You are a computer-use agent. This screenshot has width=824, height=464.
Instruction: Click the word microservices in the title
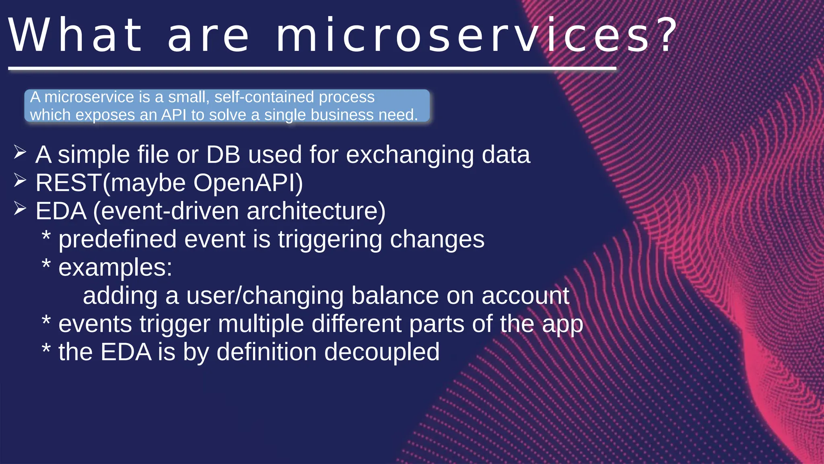463,36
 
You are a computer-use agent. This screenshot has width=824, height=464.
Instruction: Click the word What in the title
75,36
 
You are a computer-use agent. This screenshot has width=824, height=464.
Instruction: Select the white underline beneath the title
312,69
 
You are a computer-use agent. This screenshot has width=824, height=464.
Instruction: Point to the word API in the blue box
174,115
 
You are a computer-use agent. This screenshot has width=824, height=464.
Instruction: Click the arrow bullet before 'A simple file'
20,152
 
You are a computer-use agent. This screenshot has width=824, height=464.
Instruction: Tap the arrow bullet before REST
20,180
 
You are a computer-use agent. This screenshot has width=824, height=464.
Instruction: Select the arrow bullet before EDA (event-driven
20,209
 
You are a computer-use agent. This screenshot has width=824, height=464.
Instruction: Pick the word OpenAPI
248,183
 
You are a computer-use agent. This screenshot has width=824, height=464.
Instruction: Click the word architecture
316,211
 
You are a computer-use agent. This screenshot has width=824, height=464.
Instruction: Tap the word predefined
117,239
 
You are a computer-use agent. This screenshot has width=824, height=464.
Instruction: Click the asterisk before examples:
46,265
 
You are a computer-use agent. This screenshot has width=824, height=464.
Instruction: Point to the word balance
395,296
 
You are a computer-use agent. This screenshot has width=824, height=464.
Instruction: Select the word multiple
261,324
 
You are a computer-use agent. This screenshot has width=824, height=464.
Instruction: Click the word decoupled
382,352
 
